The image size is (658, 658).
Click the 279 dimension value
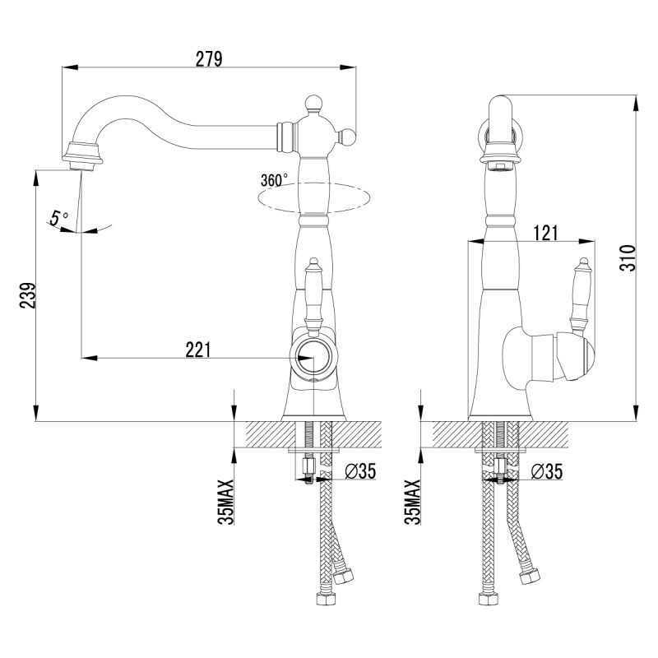[209, 59]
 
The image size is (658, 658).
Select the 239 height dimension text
[28, 295]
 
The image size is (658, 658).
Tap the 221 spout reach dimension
[198, 350]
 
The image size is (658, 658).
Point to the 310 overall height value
[628, 257]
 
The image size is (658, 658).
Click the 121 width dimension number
[545, 234]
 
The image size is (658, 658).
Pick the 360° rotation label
[274, 180]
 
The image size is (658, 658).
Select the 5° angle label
[58, 218]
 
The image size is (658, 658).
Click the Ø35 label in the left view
[360, 471]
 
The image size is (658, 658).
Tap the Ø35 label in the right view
[547, 471]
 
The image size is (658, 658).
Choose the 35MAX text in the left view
[225, 502]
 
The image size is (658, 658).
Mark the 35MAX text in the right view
[413, 502]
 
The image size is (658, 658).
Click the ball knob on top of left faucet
[313, 103]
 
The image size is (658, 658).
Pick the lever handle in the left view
[313, 297]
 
